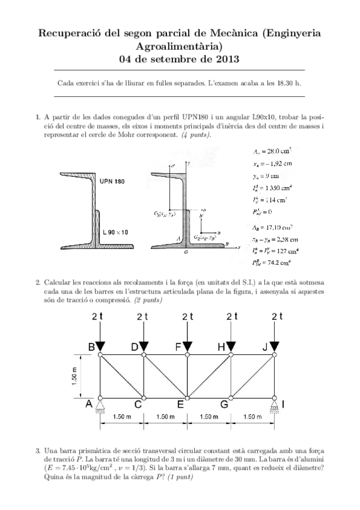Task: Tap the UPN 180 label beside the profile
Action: click(x=112, y=181)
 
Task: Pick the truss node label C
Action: click(x=138, y=405)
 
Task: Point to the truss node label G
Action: click(x=224, y=405)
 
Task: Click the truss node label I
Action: click(x=284, y=404)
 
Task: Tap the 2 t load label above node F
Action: click(x=187, y=316)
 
